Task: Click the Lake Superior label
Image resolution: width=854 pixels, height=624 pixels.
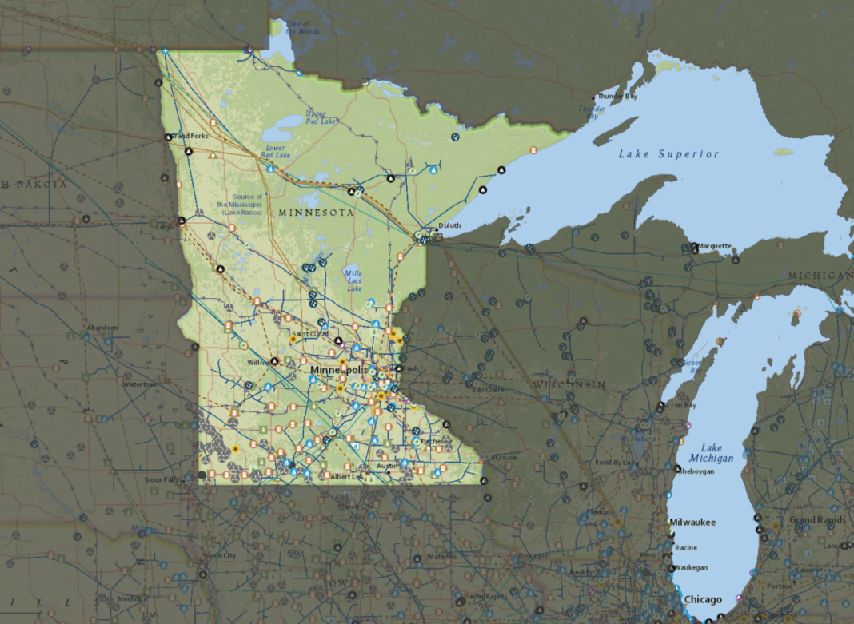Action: point(668,154)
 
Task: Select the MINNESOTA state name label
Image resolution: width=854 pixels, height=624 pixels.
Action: point(316,213)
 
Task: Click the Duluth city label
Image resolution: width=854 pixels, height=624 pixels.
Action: point(449,225)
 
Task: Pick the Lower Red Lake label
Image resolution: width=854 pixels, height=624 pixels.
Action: point(276,153)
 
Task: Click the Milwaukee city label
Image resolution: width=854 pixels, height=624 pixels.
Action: point(692,522)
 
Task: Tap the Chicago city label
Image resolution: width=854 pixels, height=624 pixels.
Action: point(702,599)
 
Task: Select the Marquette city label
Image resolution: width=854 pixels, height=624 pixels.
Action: point(716,245)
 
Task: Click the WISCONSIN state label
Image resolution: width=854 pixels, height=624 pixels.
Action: point(571,385)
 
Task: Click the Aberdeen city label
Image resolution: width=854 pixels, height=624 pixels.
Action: point(102,327)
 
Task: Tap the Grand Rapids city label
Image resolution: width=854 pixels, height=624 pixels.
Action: point(812,520)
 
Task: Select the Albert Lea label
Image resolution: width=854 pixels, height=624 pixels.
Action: point(346,476)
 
